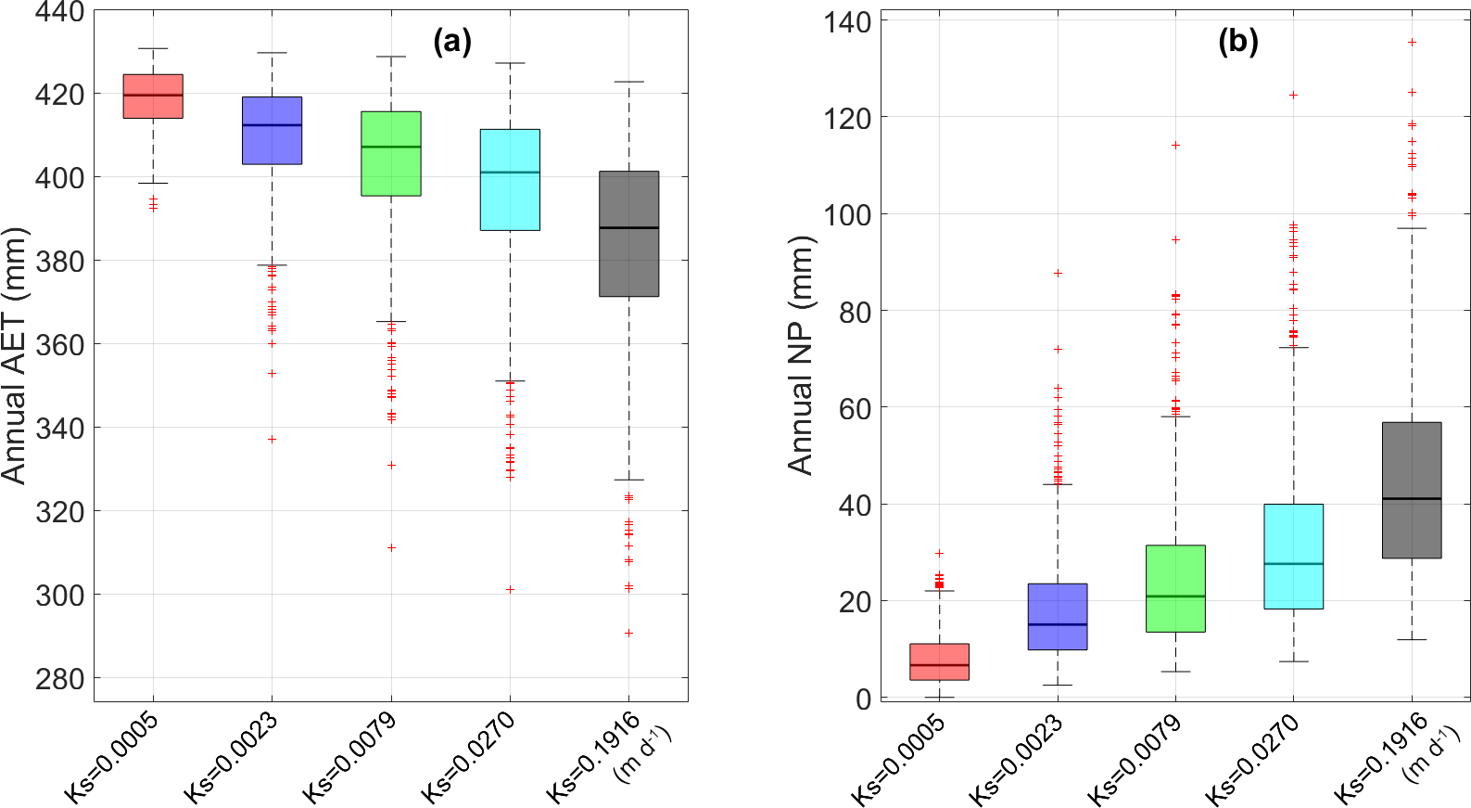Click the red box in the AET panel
[x=153, y=96]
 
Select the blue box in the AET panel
[x=272, y=130]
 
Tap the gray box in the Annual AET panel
[x=628, y=234]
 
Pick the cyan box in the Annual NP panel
[x=1293, y=556]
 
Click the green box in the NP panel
[x=1175, y=588]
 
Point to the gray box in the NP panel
[x=1412, y=490]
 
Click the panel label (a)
[x=452, y=41]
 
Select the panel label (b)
[x=1237, y=41]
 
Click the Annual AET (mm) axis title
[x=15, y=355]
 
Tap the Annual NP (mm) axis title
[x=801, y=355]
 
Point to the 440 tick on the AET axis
[x=59, y=12]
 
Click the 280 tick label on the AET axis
[x=59, y=678]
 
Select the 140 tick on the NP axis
[x=847, y=21]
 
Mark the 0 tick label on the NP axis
[x=863, y=699]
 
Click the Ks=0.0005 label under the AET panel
[x=112, y=756]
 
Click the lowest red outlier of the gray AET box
[x=628, y=634]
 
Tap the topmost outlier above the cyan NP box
[x=1293, y=95]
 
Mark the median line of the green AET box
[x=390, y=147]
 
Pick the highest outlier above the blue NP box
[x=1058, y=273]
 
